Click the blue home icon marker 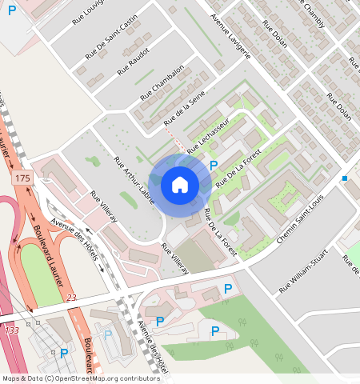pyautogui.click(x=180, y=186)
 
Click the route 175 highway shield pyautogui.click(x=22, y=178)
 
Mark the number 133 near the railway pyautogui.click(x=11, y=330)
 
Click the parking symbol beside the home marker pyautogui.click(x=214, y=165)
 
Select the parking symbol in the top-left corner pyautogui.click(x=11, y=10)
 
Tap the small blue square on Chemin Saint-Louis pyautogui.click(x=344, y=178)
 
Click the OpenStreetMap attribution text pyautogui.click(x=81, y=378)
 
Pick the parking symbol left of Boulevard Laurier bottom pyautogui.click(x=64, y=352)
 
